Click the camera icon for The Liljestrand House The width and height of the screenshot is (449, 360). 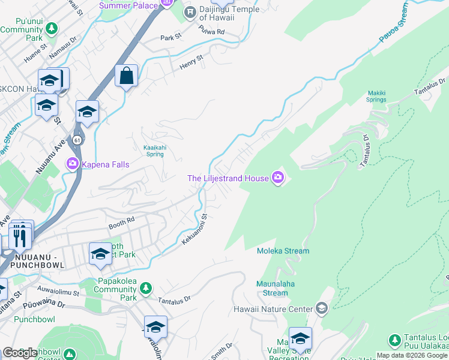tap(278, 177)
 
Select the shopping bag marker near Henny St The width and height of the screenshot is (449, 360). tap(126, 76)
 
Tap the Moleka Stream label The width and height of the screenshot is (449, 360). tap(283, 251)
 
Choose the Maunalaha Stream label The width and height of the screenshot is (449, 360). tap(276, 289)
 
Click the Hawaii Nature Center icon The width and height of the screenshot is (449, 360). tap(321, 308)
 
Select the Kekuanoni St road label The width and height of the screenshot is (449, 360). tap(194, 229)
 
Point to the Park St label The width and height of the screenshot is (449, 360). tap(170, 37)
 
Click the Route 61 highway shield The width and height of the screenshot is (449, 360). tap(78, 139)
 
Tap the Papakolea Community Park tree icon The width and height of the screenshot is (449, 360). tap(146, 289)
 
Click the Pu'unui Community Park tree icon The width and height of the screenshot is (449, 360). tap(52, 28)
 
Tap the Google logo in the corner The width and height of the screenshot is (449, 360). tap(20, 353)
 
